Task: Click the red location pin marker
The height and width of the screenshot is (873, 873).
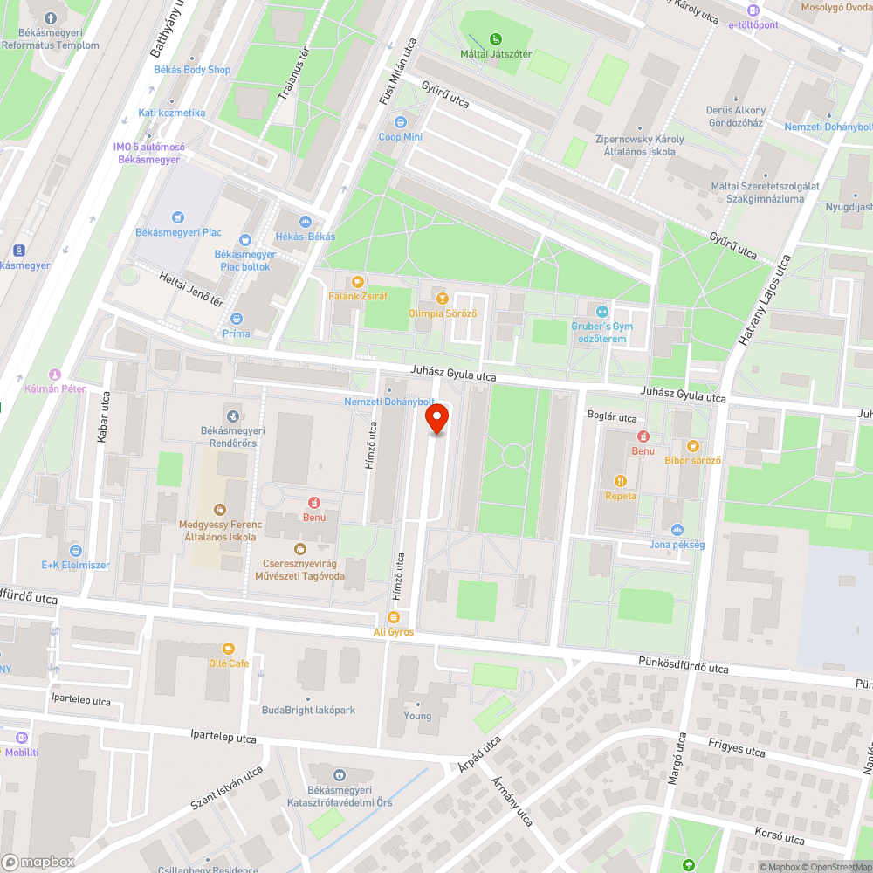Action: click(x=437, y=420)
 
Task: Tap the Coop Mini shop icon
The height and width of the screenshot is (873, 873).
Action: click(x=401, y=122)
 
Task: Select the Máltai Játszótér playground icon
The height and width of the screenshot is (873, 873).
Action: click(x=496, y=39)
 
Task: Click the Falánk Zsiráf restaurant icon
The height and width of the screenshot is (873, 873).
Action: click(x=357, y=282)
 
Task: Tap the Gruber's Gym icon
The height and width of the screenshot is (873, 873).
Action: click(x=601, y=312)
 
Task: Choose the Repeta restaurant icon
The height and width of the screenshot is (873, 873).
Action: click(x=621, y=481)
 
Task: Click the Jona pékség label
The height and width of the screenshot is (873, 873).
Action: click(x=677, y=545)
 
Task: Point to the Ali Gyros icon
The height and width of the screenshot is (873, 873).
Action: click(x=393, y=616)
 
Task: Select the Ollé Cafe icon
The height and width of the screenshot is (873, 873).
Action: click(x=229, y=649)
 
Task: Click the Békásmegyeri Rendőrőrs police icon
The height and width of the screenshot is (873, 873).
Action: click(x=232, y=416)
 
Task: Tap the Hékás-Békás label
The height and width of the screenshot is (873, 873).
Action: click(x=306, y=237)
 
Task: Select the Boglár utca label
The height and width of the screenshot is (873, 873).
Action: click(x=612, y=417)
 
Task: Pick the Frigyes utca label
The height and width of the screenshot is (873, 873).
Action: click(x=737, y=747)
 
